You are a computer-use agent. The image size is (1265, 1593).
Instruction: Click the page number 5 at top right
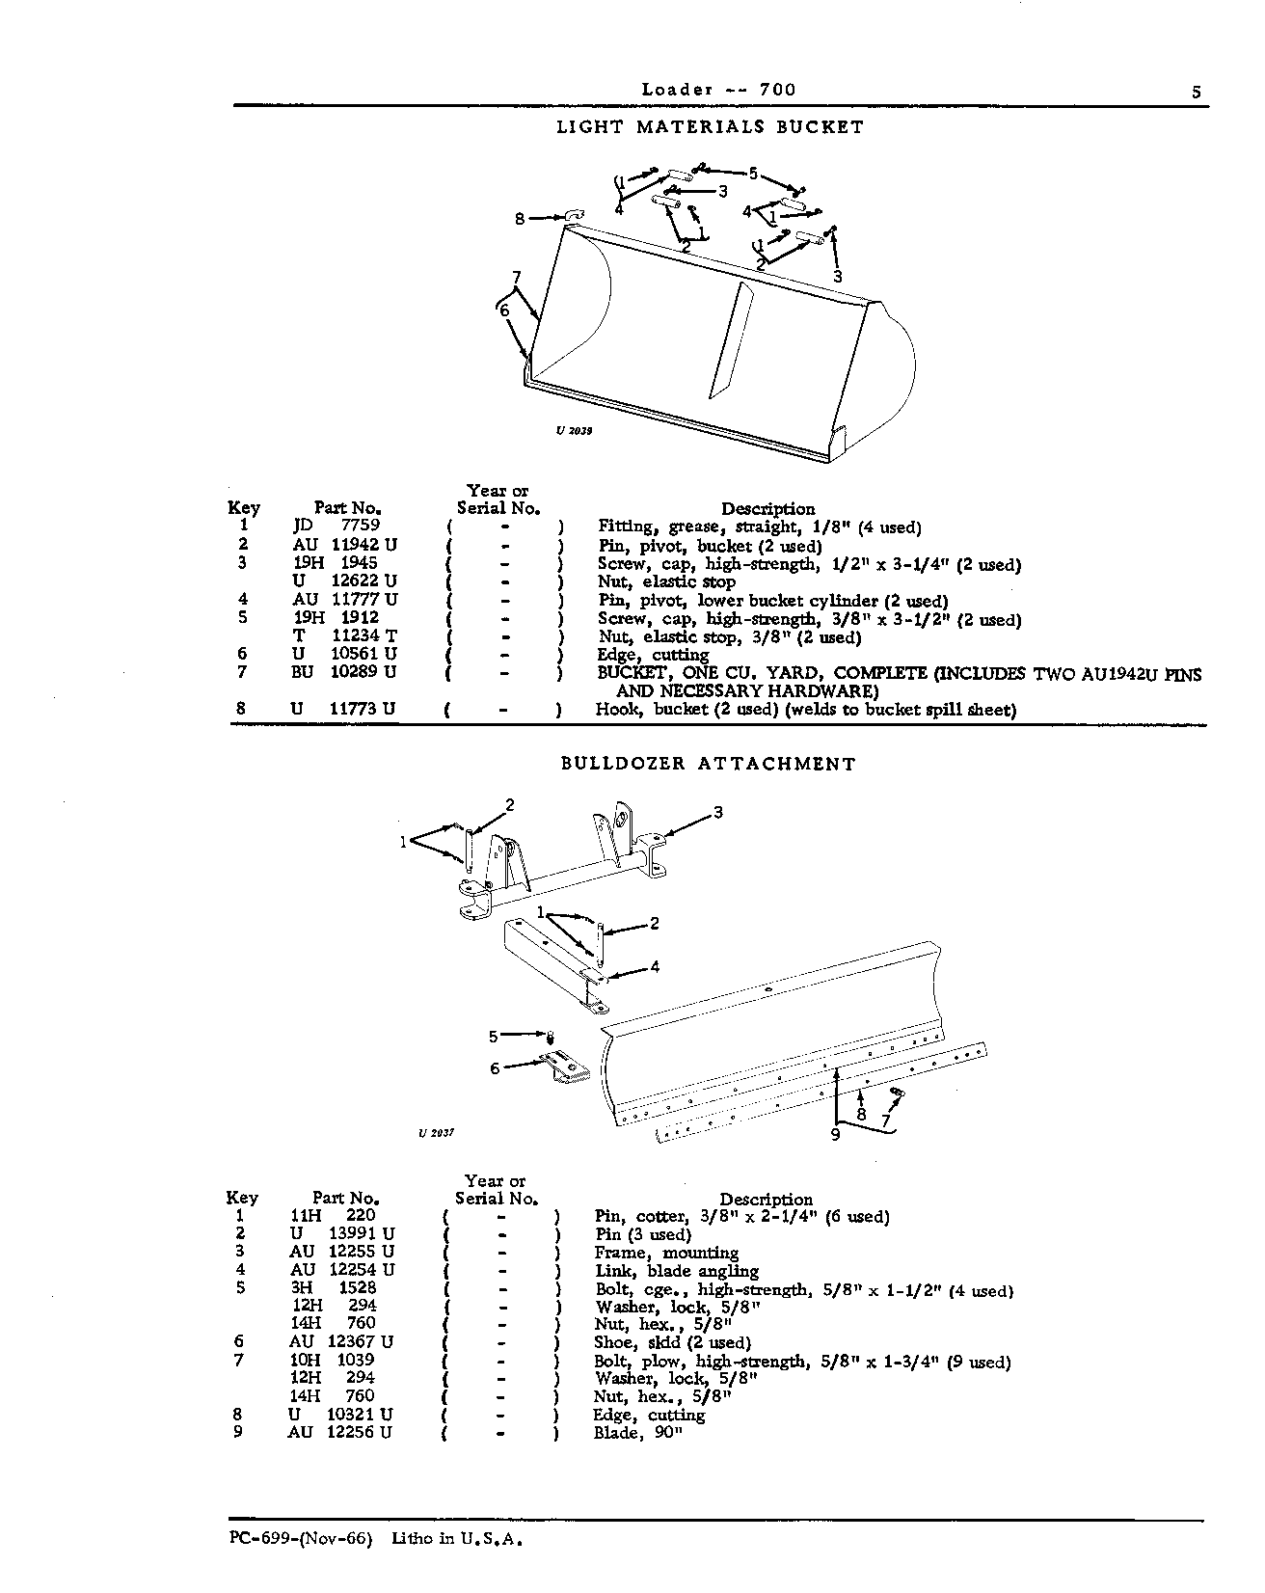tap(1196, 93)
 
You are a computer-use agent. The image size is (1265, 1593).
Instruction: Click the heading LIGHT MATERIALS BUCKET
tap(711, 126)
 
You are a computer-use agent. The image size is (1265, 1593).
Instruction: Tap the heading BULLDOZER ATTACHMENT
tap(709, 764)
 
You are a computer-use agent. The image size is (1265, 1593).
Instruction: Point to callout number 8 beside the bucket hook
tap(521, 219)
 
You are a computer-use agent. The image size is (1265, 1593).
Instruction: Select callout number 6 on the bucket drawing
tap(503, 310)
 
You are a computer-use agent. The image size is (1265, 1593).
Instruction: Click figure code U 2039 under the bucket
tap(574, 431)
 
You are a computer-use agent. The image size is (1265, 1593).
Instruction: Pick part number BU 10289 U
tap(344, 672)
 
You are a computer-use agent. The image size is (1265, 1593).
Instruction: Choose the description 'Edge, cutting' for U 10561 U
tap(653, 655)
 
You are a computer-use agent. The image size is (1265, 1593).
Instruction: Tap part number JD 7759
tap(336, 526)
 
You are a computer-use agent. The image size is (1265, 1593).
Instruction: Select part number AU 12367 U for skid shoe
tap(342, 1341)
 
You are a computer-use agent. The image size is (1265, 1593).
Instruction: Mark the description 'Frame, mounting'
tap(666, 1253)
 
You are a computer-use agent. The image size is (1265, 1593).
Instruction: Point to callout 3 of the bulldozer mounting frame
tap(717, 812)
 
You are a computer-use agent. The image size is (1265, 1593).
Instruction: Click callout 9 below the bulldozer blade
tap(835, 1135)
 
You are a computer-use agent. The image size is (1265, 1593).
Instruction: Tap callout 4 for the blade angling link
tap(655, 966)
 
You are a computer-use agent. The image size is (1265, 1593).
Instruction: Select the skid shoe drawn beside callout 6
tap(567, 1068)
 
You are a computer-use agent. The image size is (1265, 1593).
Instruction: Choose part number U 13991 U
tap(343, 1233)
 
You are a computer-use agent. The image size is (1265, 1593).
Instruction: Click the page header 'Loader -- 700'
tap(719, 90)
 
